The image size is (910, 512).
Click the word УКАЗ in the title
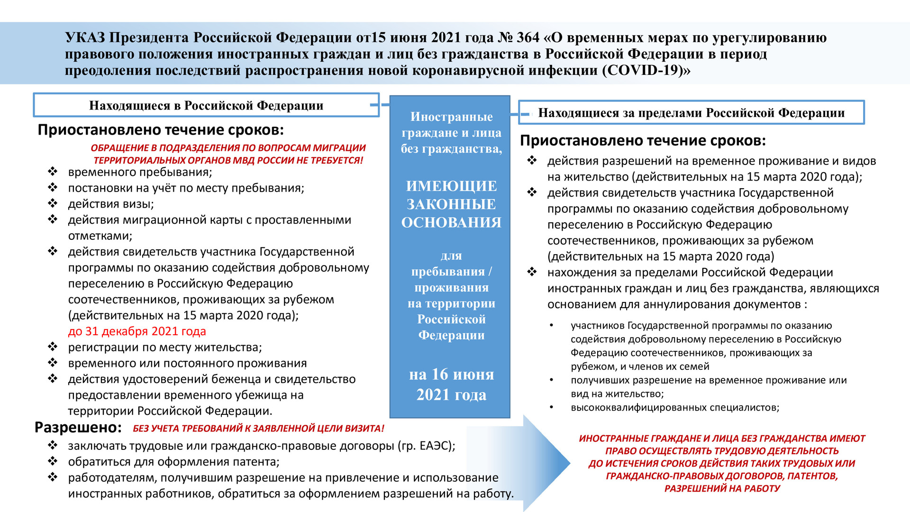[85, 38]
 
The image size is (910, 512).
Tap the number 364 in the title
[528, 38]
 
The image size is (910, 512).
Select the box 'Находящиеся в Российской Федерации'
[206, 105]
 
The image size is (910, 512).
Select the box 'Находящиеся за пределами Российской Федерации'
[691, 113]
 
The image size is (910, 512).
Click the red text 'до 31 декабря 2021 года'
[137, 331]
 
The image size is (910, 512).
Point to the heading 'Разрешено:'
[78, 428]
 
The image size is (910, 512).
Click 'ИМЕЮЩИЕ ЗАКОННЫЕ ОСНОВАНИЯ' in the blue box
[451, 204]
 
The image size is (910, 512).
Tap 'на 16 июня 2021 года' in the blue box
[451, 384]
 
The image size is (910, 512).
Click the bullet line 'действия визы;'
[111, 204]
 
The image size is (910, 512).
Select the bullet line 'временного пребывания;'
[140, 172]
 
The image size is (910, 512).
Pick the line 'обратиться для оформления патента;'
[173, 462]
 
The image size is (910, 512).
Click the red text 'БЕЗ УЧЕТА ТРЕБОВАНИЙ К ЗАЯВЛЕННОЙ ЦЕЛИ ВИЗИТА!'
[258, 429]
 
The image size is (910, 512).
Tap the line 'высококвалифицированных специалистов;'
[675, 408]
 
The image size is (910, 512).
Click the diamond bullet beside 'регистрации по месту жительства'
[53, 347]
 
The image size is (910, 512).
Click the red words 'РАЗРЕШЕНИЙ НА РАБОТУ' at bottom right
[722, 489]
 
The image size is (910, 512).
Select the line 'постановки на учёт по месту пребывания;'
[186, 188]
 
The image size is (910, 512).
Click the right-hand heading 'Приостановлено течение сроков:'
[643, 141]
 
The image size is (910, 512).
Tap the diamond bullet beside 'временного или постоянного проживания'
[53, 363]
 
